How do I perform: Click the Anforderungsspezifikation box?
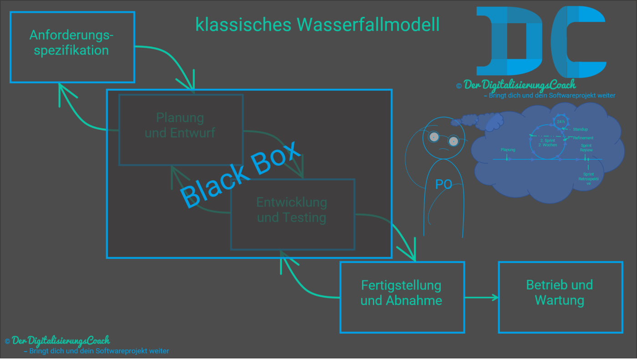72,47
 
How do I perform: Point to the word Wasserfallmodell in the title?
368,25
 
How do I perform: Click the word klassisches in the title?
243,25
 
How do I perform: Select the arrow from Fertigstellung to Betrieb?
481,298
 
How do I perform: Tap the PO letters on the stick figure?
443,184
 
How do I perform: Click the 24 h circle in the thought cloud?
561,122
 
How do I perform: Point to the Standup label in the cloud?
580,130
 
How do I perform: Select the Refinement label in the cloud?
583,138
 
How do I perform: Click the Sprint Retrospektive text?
588,178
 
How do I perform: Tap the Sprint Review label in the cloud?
586,148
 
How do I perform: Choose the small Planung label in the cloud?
508,150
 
